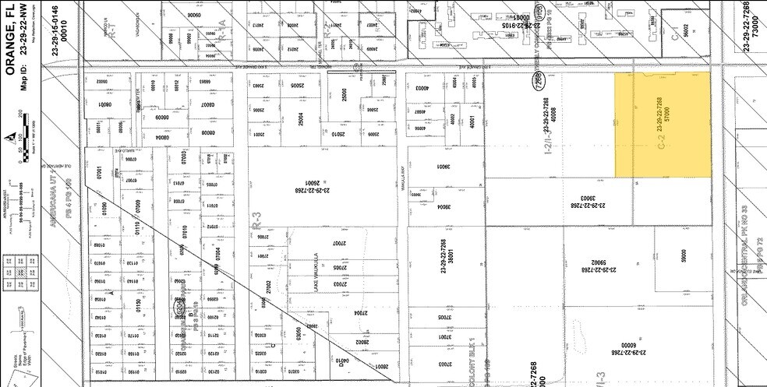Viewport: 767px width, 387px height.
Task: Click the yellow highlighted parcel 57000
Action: (663, 125)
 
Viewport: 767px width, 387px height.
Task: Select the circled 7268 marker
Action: (537, 80)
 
